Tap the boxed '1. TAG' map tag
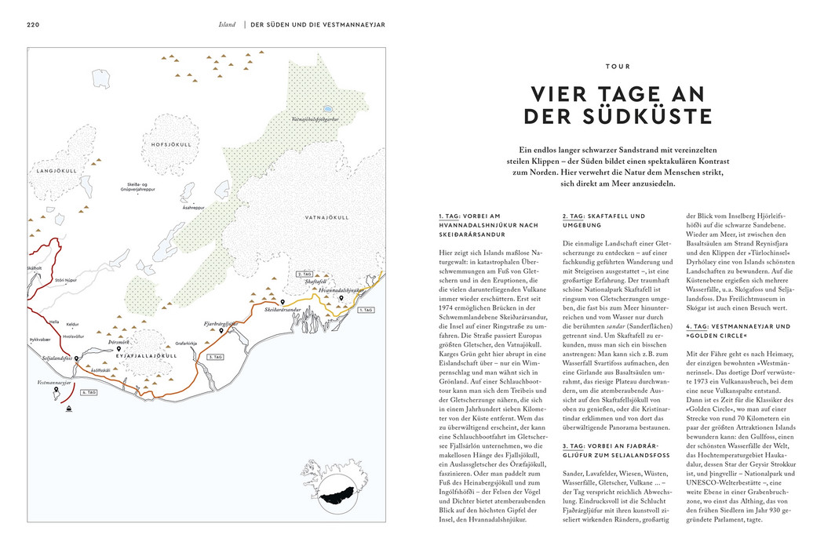pyautogui.click(x=366, y=310)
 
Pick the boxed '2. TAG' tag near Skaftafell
pyautogui.click(x=304, y=274)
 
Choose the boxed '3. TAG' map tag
pyautogui.click(x=215, y=357)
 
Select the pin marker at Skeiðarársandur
pyautogui.click(x=283, y=302)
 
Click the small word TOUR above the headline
pyautogui.click(x=618, y=67)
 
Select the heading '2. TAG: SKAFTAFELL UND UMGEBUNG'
pyautogui.click(x=604, y=220)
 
